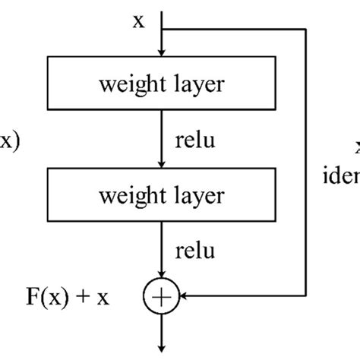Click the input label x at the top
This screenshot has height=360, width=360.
click(x=138, y=21)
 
